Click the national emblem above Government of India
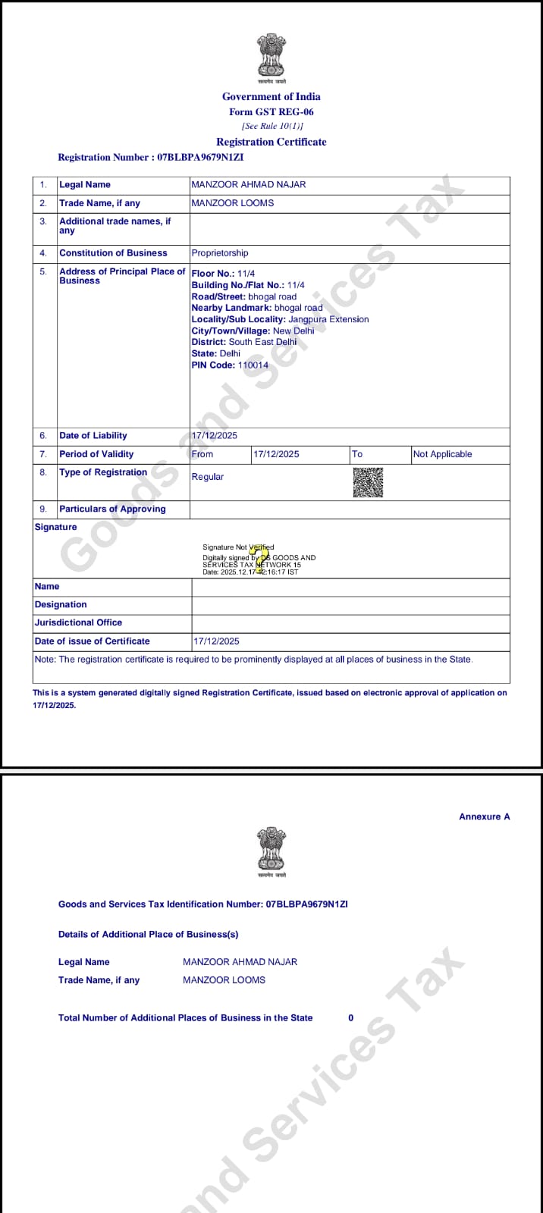[271, 57]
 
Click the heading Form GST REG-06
[271, 111]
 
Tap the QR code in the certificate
[368, 482]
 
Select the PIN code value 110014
[253, 365]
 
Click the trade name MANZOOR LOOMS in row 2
[233, 203]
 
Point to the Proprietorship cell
[220, 253]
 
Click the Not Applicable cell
[442, 454]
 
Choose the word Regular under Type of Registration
[208, 477]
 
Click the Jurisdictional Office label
[78, 622]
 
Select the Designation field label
[61, 604]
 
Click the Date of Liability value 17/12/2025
[215, 436]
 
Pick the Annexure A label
[485, 817]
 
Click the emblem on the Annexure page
[271, 851]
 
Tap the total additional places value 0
[350, 1017]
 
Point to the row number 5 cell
[43, 271]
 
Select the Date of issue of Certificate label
[93, 641]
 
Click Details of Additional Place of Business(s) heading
[148, 934]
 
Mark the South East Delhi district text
[263, 342]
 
